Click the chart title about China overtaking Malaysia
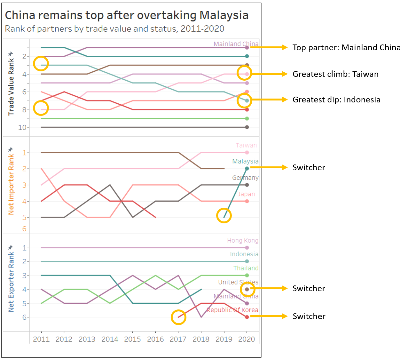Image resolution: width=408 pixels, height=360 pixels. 127,15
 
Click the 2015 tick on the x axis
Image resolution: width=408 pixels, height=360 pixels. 132,339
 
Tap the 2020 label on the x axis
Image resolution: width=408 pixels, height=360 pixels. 247,339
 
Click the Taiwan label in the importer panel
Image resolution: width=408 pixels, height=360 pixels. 246,145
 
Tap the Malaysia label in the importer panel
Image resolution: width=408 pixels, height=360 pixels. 245,161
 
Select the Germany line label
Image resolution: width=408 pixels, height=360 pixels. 245,178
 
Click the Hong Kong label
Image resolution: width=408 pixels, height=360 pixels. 243,240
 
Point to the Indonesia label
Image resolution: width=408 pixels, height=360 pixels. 244,254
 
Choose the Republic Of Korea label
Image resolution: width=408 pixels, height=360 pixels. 232,310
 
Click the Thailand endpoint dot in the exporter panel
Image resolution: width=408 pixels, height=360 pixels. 247,275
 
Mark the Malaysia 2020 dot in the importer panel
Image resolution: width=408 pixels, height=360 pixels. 247,168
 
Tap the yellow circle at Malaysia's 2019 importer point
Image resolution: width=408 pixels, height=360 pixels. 224,215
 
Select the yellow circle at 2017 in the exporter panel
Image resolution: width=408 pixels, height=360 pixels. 178,317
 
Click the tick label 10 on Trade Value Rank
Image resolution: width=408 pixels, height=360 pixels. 22,127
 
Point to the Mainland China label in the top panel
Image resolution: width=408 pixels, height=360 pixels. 236,44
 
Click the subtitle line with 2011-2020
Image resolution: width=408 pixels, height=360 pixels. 114,29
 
